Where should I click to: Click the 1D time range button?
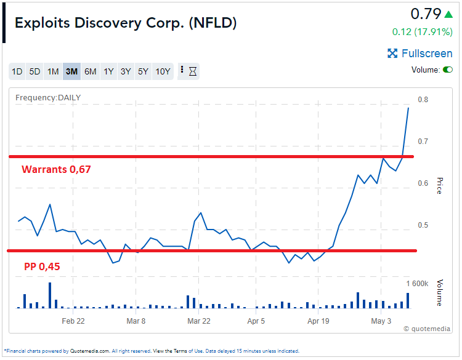17,71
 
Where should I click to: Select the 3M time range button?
71,71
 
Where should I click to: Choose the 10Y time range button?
163,71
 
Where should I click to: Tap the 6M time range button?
90,71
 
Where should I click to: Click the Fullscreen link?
420,54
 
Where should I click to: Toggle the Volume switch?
447,70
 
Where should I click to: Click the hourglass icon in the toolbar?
193,71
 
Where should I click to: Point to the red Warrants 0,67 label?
57,169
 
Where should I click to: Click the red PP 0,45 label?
42,266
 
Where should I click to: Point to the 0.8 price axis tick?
423,100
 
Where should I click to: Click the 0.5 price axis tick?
423,225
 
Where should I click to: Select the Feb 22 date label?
73,321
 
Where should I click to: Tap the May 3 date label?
381,321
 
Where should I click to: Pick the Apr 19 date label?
319,321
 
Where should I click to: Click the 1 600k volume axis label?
416,284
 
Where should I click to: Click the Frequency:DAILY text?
48,97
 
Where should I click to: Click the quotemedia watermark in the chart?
426,329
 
